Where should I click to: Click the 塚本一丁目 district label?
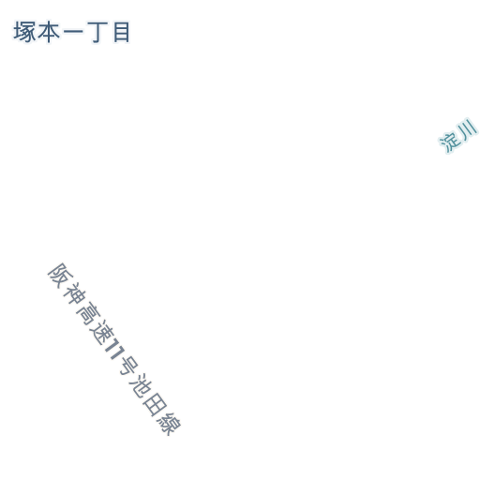click(71, 32)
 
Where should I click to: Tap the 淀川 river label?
click(458, 136)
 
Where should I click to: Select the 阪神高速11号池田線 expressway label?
click(114, 349)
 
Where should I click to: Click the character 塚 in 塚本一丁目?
click(24, 32)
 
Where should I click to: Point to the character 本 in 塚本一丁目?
click(49, 32)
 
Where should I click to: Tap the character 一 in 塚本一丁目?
click(73, 31)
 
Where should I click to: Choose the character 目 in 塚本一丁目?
click(122, 32)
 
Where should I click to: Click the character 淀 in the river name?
click(450, 142)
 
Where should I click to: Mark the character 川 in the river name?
click(467, 129)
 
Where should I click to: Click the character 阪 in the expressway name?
click(60, 276)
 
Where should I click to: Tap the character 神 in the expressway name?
click(74, 293)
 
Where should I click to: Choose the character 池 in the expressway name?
click(141, 385)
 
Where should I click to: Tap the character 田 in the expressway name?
click(155, 404)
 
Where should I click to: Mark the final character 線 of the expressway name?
click(169, 424)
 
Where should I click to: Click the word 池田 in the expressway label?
click(148, 395)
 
